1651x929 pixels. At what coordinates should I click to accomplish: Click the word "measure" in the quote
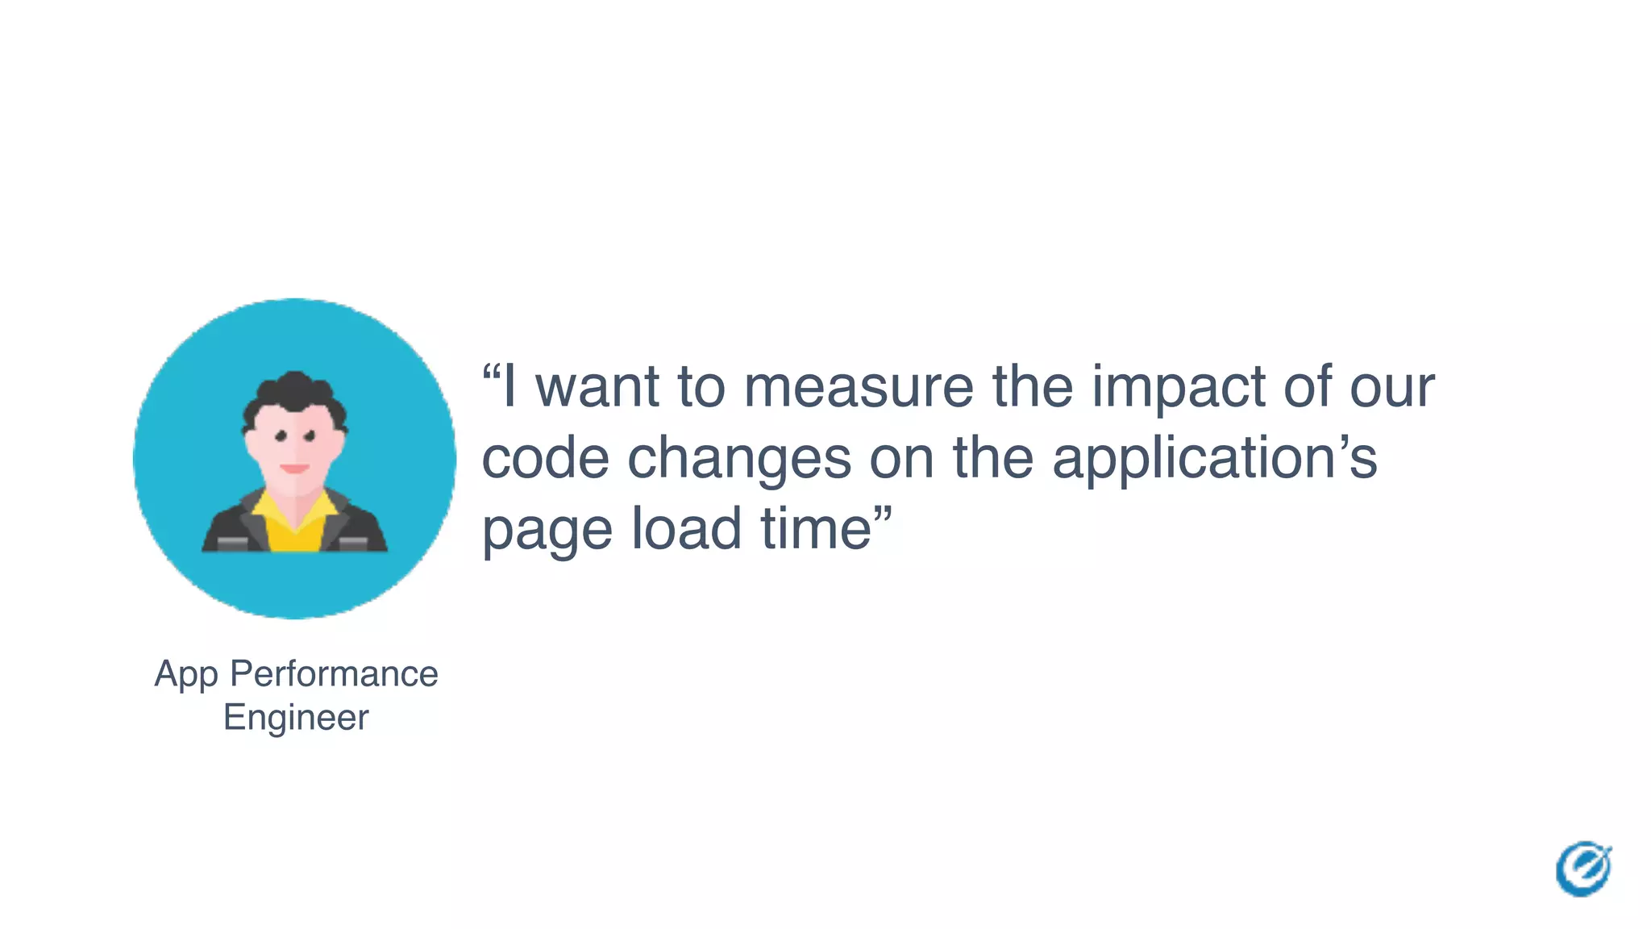[x=858, y=387]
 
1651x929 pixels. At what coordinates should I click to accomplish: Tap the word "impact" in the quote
[x=1178, y=387]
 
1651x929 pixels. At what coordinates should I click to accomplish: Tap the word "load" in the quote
[x=685, y=529]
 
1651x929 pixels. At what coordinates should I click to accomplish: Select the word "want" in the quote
[x=597, y=387]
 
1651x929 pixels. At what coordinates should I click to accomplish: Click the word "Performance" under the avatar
[x=334, y=673]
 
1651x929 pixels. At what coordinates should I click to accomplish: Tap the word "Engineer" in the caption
[x=296, y=717]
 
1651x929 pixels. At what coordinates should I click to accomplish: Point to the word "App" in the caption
[x=186, y=675]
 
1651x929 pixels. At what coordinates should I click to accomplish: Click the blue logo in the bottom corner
[x=1583, y=869]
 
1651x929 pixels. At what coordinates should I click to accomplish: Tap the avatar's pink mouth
[x=294, y=468]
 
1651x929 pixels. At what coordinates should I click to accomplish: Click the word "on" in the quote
[x=901, y=458]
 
